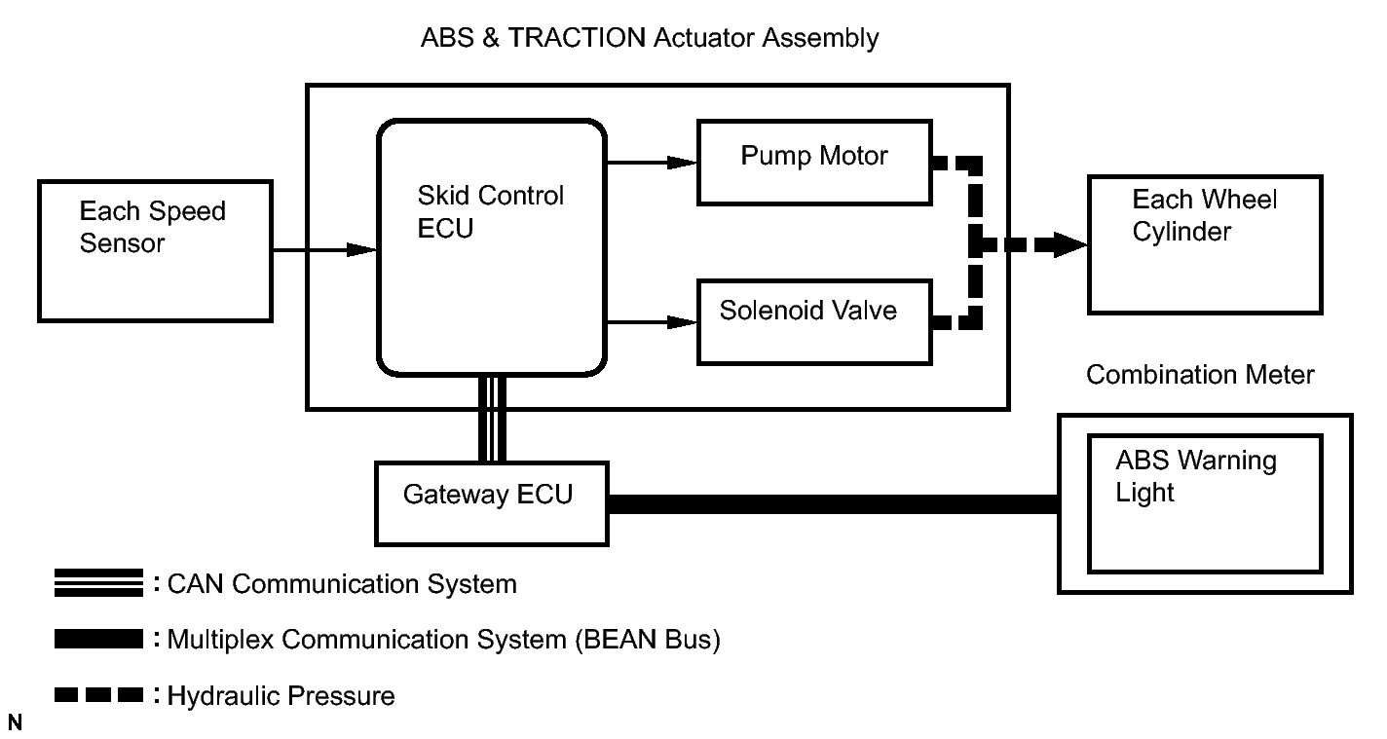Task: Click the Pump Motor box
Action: click(x=813, y=162)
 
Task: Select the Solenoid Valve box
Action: click(x=813, y=320)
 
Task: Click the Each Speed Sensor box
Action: click(x=153, y=250)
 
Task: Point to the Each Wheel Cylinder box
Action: click(x=1205, y=243)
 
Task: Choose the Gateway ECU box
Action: click(x=489, y=502)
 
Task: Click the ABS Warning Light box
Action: click(x=1205, y=502)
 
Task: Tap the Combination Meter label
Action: click(x=1200, y=375)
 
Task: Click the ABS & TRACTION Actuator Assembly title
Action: click(x=650, y=39)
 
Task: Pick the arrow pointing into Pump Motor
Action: click(x=651, y=162)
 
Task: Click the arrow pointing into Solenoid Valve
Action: click(x=651, y=320)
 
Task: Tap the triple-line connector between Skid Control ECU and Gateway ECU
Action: click(x=492, y=419)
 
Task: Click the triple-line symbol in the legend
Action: click(x=99, y=584)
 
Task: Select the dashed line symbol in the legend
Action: click(x=99, y=696)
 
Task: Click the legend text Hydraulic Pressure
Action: click(x=281, y=696)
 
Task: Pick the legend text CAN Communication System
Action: click(x=342, y=584)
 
